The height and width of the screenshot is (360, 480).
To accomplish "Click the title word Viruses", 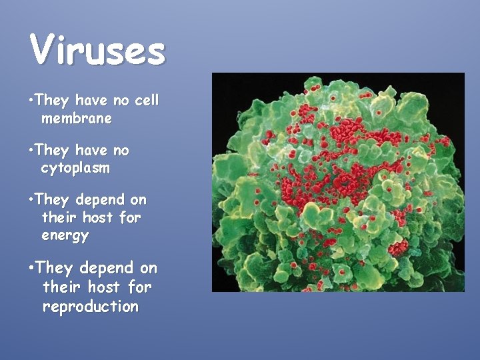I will click(97, 50).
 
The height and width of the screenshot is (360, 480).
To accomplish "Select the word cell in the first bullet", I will click(146, 101).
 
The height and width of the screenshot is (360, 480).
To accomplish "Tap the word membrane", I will click(76, 119).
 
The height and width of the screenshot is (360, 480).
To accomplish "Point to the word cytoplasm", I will click(75, 168).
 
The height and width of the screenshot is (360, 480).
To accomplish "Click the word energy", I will click(65, 235).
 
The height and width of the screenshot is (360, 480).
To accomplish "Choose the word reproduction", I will click(91, 307).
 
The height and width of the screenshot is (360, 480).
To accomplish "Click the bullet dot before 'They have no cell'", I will click(31, 101).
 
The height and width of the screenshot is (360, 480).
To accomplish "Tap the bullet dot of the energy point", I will click(31, 200).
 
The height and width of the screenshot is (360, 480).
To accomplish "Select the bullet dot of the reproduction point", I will click(31, 269).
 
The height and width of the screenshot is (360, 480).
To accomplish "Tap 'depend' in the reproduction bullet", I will click(105, 269).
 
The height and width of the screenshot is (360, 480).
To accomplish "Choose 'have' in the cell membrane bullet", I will click(91, 101).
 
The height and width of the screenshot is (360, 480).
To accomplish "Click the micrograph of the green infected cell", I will click(338, 182).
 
